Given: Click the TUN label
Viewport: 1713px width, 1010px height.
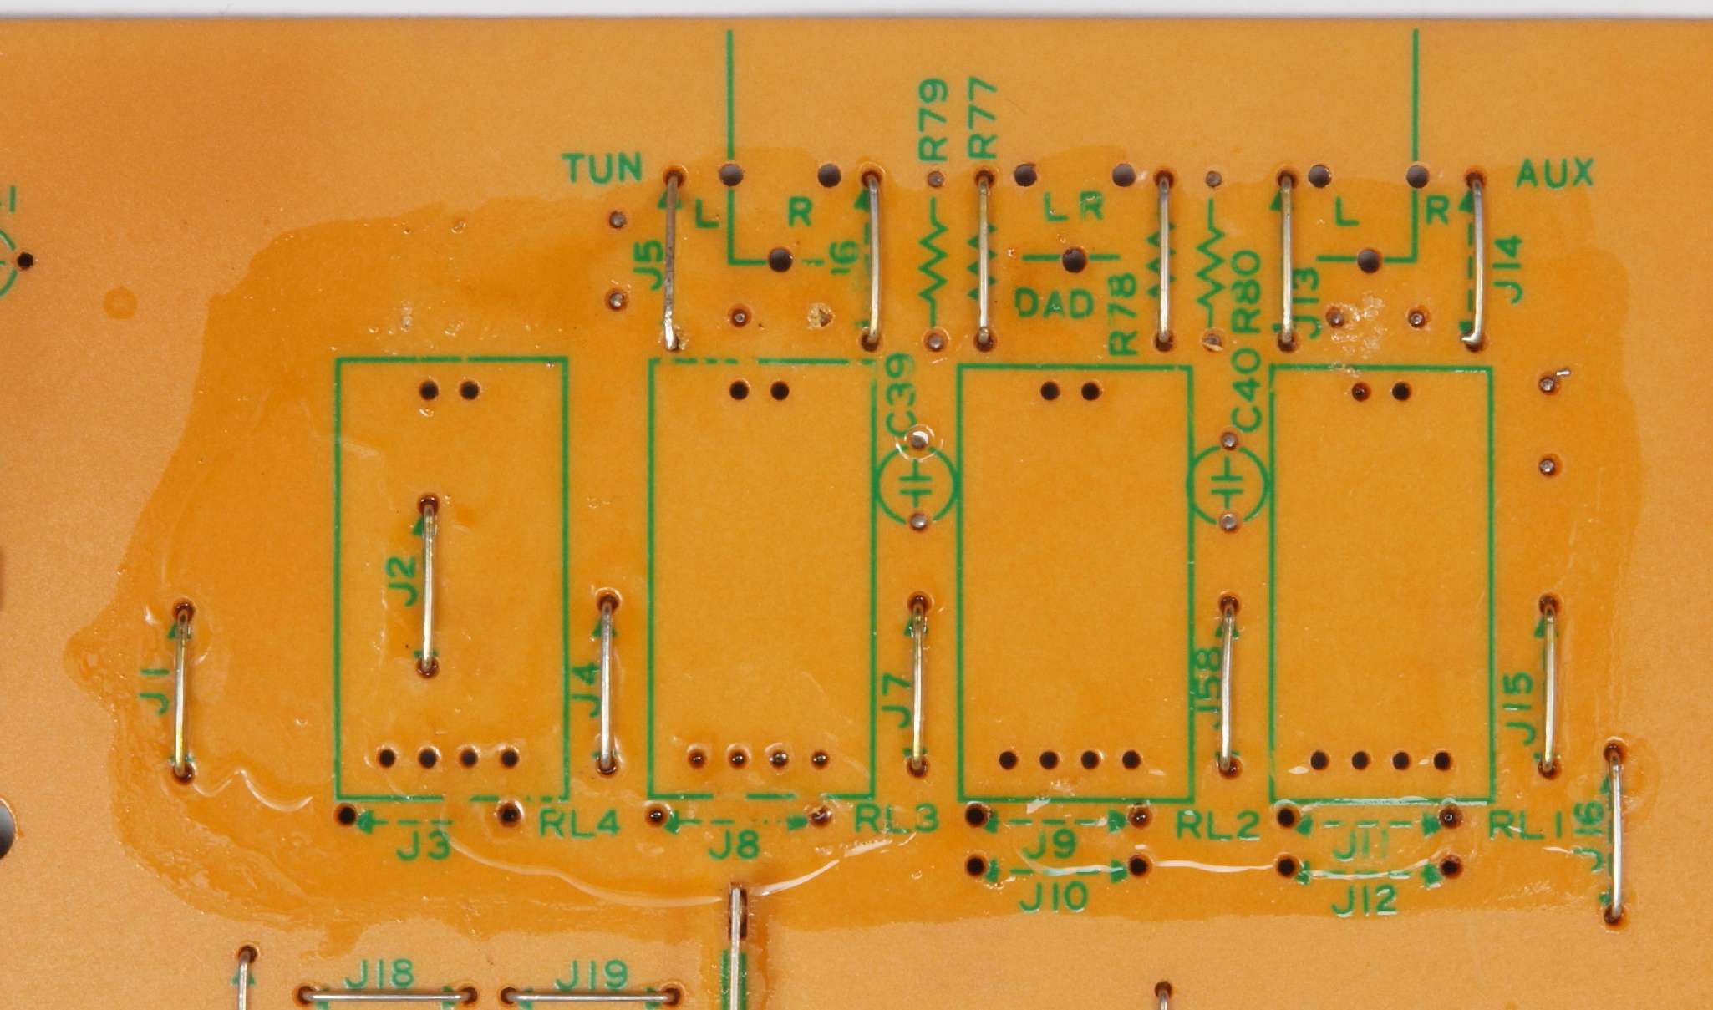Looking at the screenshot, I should click(x=602, y=168).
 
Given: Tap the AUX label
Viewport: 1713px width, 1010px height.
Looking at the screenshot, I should click(x=1554, y=173).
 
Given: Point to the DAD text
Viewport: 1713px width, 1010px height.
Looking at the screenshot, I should click(x=1054, y=303).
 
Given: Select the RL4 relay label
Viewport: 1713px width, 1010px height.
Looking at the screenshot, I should click(x=579, y=824).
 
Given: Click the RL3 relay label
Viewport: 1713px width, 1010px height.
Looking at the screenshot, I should click(x=896, y=820).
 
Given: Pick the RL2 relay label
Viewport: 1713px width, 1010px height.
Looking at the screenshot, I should click(x=1217, y=825).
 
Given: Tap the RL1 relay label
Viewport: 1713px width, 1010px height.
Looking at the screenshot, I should click(x=1526, y=825).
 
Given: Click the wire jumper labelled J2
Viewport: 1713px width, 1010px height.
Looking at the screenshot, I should click(x=429, y=586).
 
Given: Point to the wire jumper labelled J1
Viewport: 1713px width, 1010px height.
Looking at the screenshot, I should click(x=181, y=690).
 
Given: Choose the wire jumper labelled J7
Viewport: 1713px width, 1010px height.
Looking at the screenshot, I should click(x=918, y=685).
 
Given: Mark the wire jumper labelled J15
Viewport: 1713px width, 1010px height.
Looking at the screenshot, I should click(x=1549, y=685).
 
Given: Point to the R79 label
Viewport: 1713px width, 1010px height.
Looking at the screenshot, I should click(x=933, y=119).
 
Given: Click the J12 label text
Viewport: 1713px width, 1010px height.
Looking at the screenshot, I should click(x=1364, y=900).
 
